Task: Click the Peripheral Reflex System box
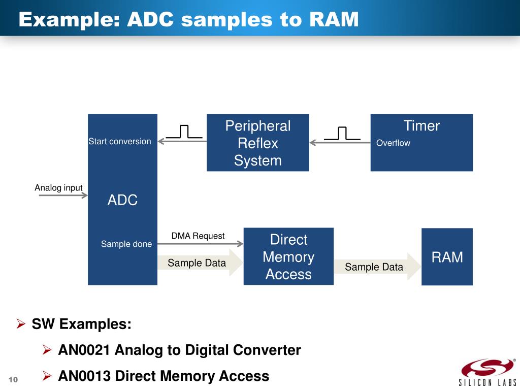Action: click(x=257, y=143)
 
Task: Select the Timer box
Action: click(x=421, y=143)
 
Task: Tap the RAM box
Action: click(x=447, y=257)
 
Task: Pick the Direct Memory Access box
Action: click(x=288, y=256)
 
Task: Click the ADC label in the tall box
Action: click(x=122, y=200)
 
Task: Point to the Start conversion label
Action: click(x=120, y=141)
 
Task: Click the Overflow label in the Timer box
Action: click(x=393, y=143)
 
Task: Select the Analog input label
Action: click(x=58, y=188)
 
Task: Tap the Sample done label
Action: click(x=126, y=244)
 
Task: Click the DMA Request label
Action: click(x=198, y=236)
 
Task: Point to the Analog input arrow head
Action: click(x=85, y=196)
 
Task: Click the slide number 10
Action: click(x=13, y=380)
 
